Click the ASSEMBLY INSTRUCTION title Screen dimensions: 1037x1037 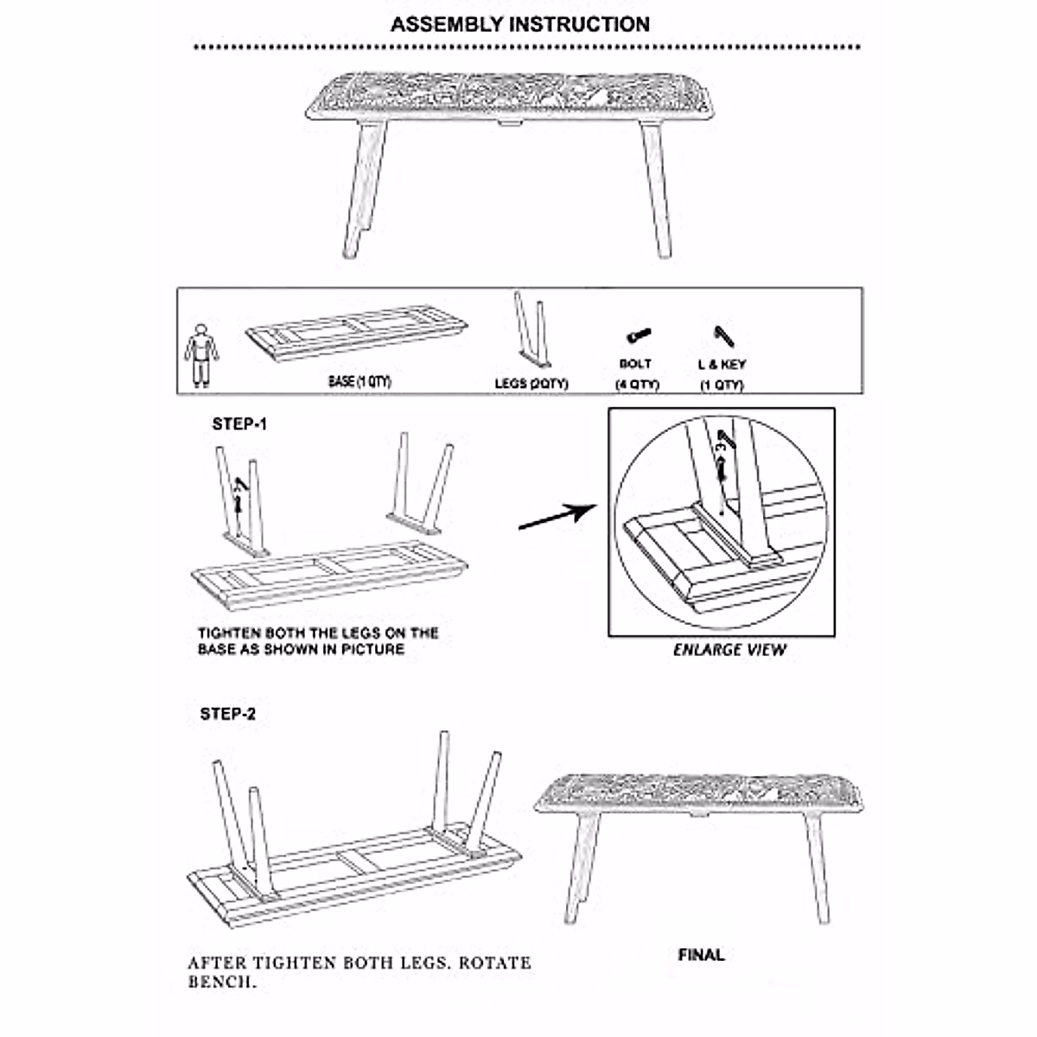[519, 24]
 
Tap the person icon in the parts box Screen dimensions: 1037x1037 [200, 354]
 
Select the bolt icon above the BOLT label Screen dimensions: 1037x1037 [637, 335]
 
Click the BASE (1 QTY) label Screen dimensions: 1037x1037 [359, 381]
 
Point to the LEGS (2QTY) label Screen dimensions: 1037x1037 [531, 383]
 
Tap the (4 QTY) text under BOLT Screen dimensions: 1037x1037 [636, 385]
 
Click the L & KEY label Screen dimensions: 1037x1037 [722, 365]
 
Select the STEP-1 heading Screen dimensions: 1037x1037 [239, 424]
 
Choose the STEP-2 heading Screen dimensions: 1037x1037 [227, 714]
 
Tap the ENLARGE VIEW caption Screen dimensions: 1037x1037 [729, 650]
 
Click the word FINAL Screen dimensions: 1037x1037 [701, 955]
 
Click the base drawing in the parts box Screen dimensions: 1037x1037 [356, 340]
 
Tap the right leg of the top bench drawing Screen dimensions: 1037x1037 [655, 189]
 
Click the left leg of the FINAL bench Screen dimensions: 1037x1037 [583, 864]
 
